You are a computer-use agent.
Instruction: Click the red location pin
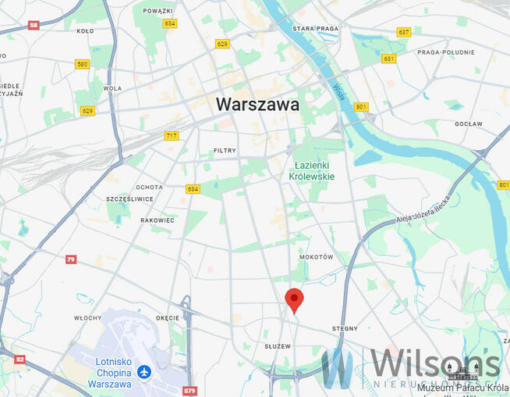294,299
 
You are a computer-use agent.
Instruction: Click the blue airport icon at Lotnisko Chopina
143,371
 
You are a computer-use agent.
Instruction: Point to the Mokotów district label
316,257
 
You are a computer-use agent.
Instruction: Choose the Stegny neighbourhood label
344,328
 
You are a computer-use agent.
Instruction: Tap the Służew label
277,345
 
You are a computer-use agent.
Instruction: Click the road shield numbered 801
360,106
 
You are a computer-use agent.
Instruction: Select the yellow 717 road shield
172,136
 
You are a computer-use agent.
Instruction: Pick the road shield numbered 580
83,64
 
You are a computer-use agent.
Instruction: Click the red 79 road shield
71,259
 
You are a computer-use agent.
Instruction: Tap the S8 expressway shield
34,25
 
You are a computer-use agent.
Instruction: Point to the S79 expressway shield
189,390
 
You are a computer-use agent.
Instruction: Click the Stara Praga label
314,28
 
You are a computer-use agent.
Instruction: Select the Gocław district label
469,123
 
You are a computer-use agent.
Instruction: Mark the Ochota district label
149,187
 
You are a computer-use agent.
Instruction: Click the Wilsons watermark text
434,364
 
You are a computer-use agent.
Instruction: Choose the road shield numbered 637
404,32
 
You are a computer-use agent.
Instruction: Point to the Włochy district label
87,318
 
